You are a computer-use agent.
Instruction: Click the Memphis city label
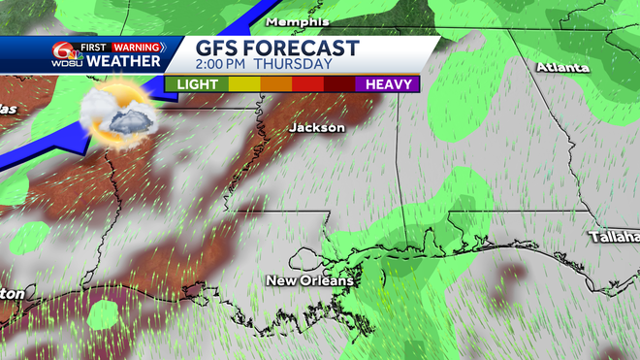click(x=298, y=21)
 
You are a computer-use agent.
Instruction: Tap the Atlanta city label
click(x=562, y=68)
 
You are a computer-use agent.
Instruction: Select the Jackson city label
click(x=317, y=127)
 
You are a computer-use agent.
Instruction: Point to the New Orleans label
click(x=310, y=280)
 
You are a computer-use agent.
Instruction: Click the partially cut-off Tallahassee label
click(x=614, y=236)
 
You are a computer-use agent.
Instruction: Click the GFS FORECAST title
click(x=277, y=49)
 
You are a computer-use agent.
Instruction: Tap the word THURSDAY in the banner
click(x=302, y=65)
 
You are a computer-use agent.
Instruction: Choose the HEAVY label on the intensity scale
click(x=390, y=84)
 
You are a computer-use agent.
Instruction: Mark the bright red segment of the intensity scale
click(x=308, y=84)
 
